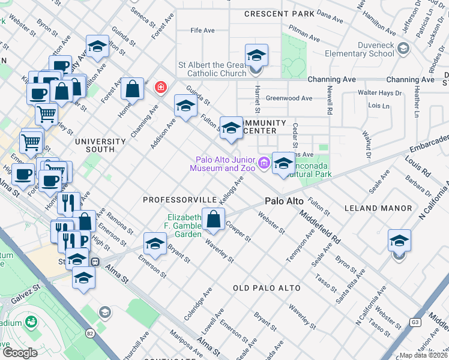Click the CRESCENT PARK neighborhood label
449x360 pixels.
(279, 13)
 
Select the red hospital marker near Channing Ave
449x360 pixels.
(160, 88)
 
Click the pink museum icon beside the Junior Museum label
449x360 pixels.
(263, 163)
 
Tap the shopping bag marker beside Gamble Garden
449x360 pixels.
(214, 218)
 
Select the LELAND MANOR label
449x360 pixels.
(378, 208)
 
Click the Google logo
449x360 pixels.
(20, 352)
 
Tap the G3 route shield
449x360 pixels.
(414, 322)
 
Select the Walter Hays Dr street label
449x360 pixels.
(379, 93)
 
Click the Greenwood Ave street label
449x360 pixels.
(289, 98)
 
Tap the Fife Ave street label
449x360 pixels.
(202, 30)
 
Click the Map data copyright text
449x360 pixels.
(424, 355)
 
